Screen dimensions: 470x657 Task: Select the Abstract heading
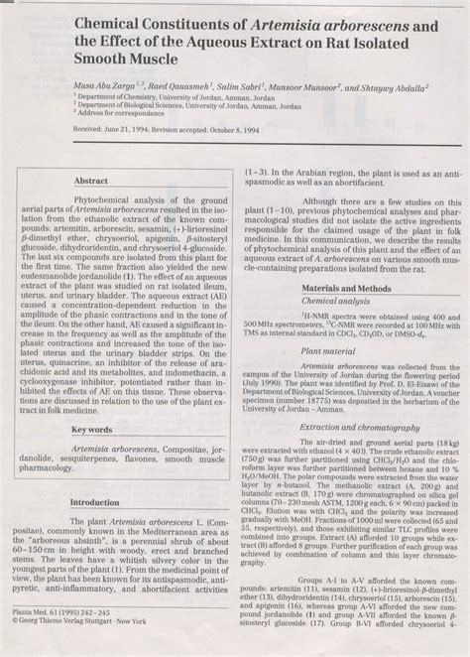pyautogui.click(x=92, y=182)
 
